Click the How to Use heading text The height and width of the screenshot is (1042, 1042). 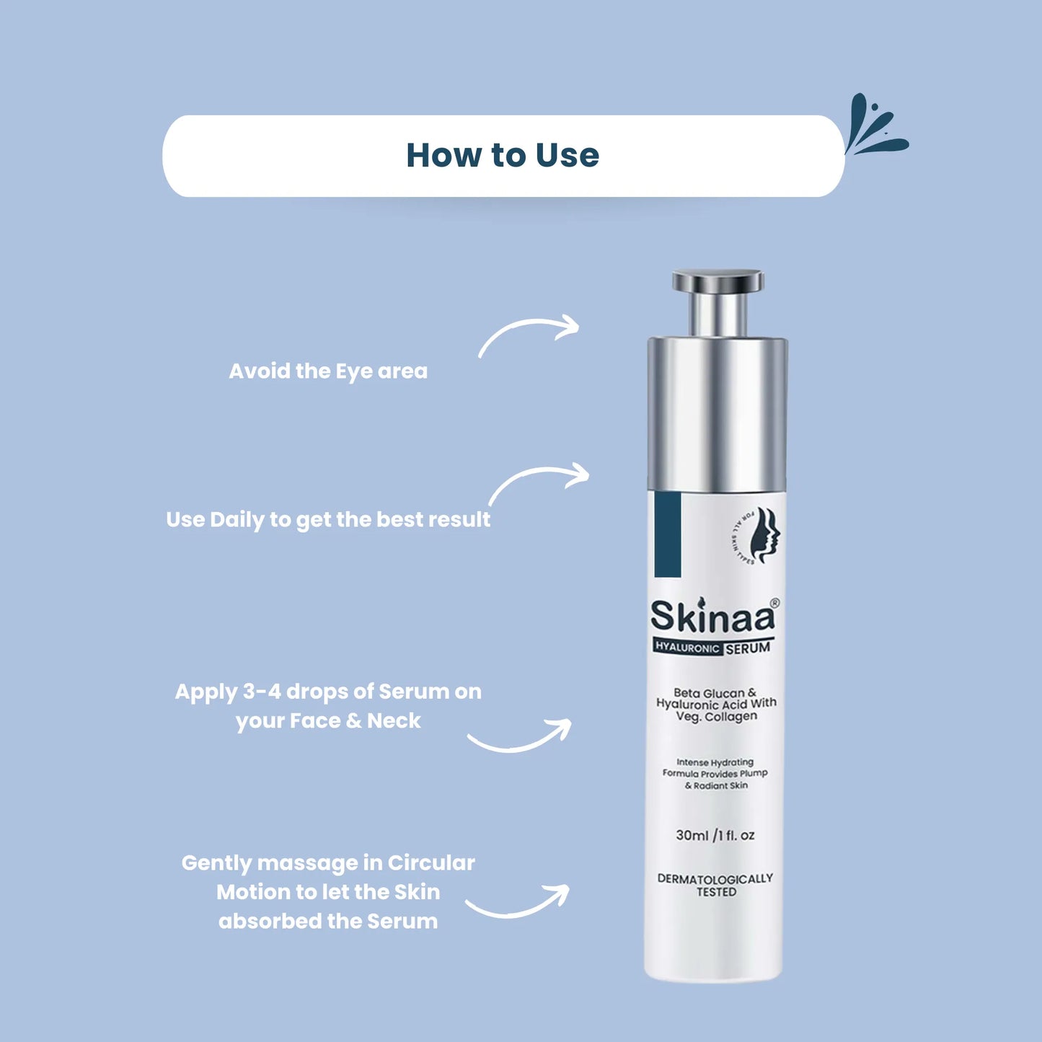point(503,156)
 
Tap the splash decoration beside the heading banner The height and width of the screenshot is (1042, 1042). point(873,127)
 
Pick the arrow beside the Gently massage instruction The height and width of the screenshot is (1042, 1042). point(518,903)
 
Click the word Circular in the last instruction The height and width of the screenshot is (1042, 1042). point(431,863)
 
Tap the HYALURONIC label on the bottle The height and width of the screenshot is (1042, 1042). point(687,648)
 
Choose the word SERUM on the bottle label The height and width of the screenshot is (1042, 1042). point(748,648)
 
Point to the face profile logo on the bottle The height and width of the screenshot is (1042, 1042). point(764,534)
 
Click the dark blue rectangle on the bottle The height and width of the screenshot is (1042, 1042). point(668,534)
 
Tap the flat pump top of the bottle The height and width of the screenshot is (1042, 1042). point(718,281)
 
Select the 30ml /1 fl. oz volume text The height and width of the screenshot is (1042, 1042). point(715,835)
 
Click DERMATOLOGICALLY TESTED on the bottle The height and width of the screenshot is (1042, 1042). point(715,886)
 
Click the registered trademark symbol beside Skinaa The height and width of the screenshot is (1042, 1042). point(774,603)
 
